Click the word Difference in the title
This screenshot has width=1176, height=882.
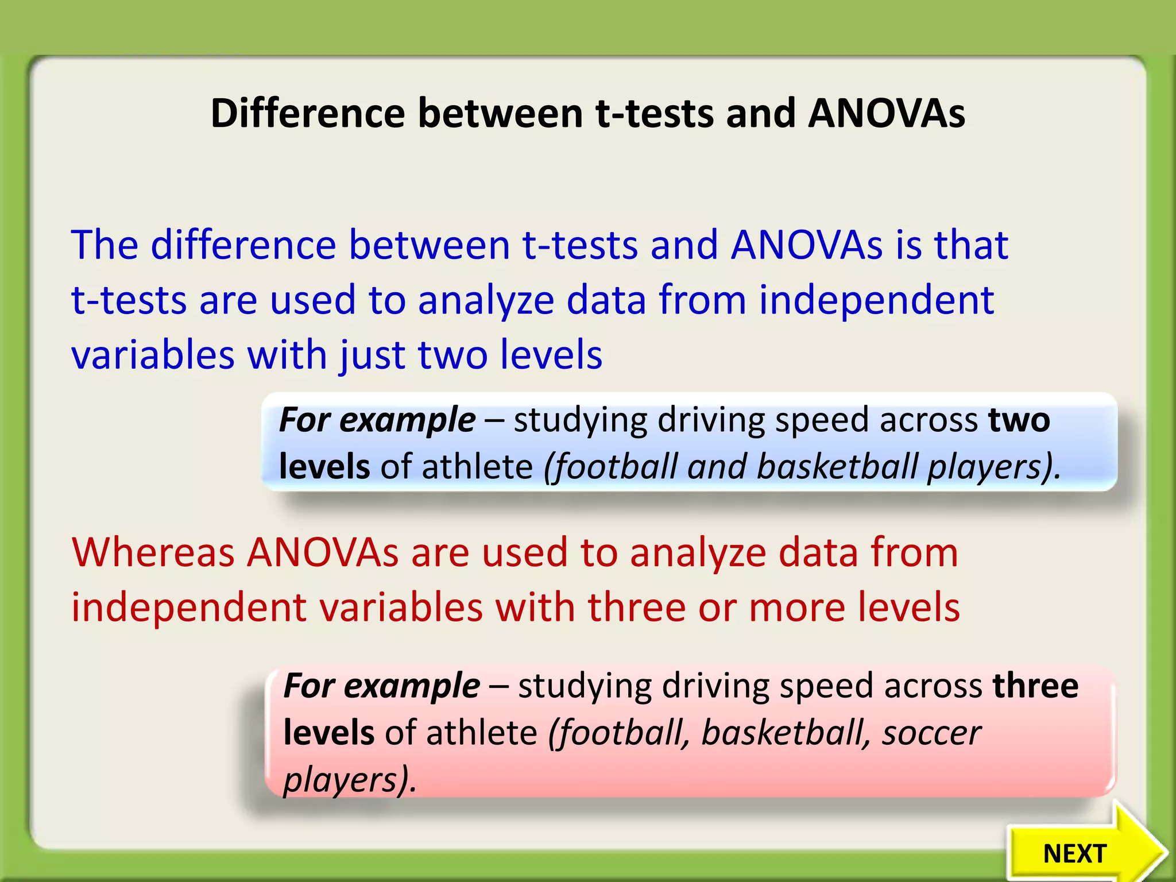pyautogui.click(x=308, y=113)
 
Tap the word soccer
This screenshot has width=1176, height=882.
pyautogui.click(x=931, y=733)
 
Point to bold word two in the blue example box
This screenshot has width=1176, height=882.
pyautogui.click(x=1019, y=420)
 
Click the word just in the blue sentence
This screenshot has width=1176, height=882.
pyautogui.click(x=373, y=355)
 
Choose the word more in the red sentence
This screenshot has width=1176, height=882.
pyautogui.click(x=797, y=608)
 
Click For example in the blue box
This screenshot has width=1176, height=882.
pyautogui.click(x=377, y=420)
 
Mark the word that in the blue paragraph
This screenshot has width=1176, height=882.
pyautogui.click(x=971, y=245)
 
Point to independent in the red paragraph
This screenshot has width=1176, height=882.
pyautogui.click(x=189, y=608)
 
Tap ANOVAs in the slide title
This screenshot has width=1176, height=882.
pyautogui.click(x=886, y=113)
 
